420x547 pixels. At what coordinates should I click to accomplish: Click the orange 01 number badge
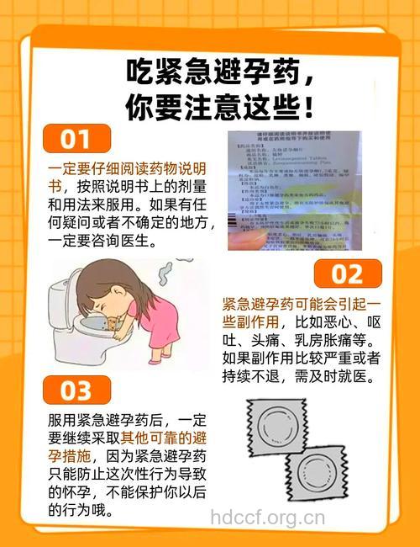[x=76, y=137]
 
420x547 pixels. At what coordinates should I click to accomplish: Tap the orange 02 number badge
[x=347, y=273]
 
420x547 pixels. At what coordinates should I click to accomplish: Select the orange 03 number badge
[x=76, y=390]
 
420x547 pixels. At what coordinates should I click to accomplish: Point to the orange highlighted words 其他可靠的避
[x=165, y=438]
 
